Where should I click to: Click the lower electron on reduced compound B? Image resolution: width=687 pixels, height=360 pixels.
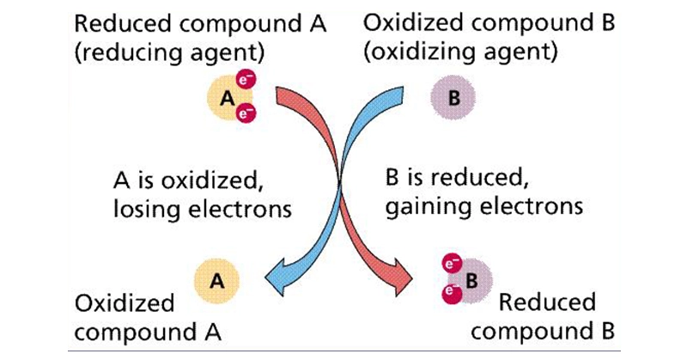(447, 291)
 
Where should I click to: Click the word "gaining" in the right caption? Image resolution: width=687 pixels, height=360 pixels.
(420, 208)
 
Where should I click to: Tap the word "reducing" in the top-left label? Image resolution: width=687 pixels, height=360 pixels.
(138, 51)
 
